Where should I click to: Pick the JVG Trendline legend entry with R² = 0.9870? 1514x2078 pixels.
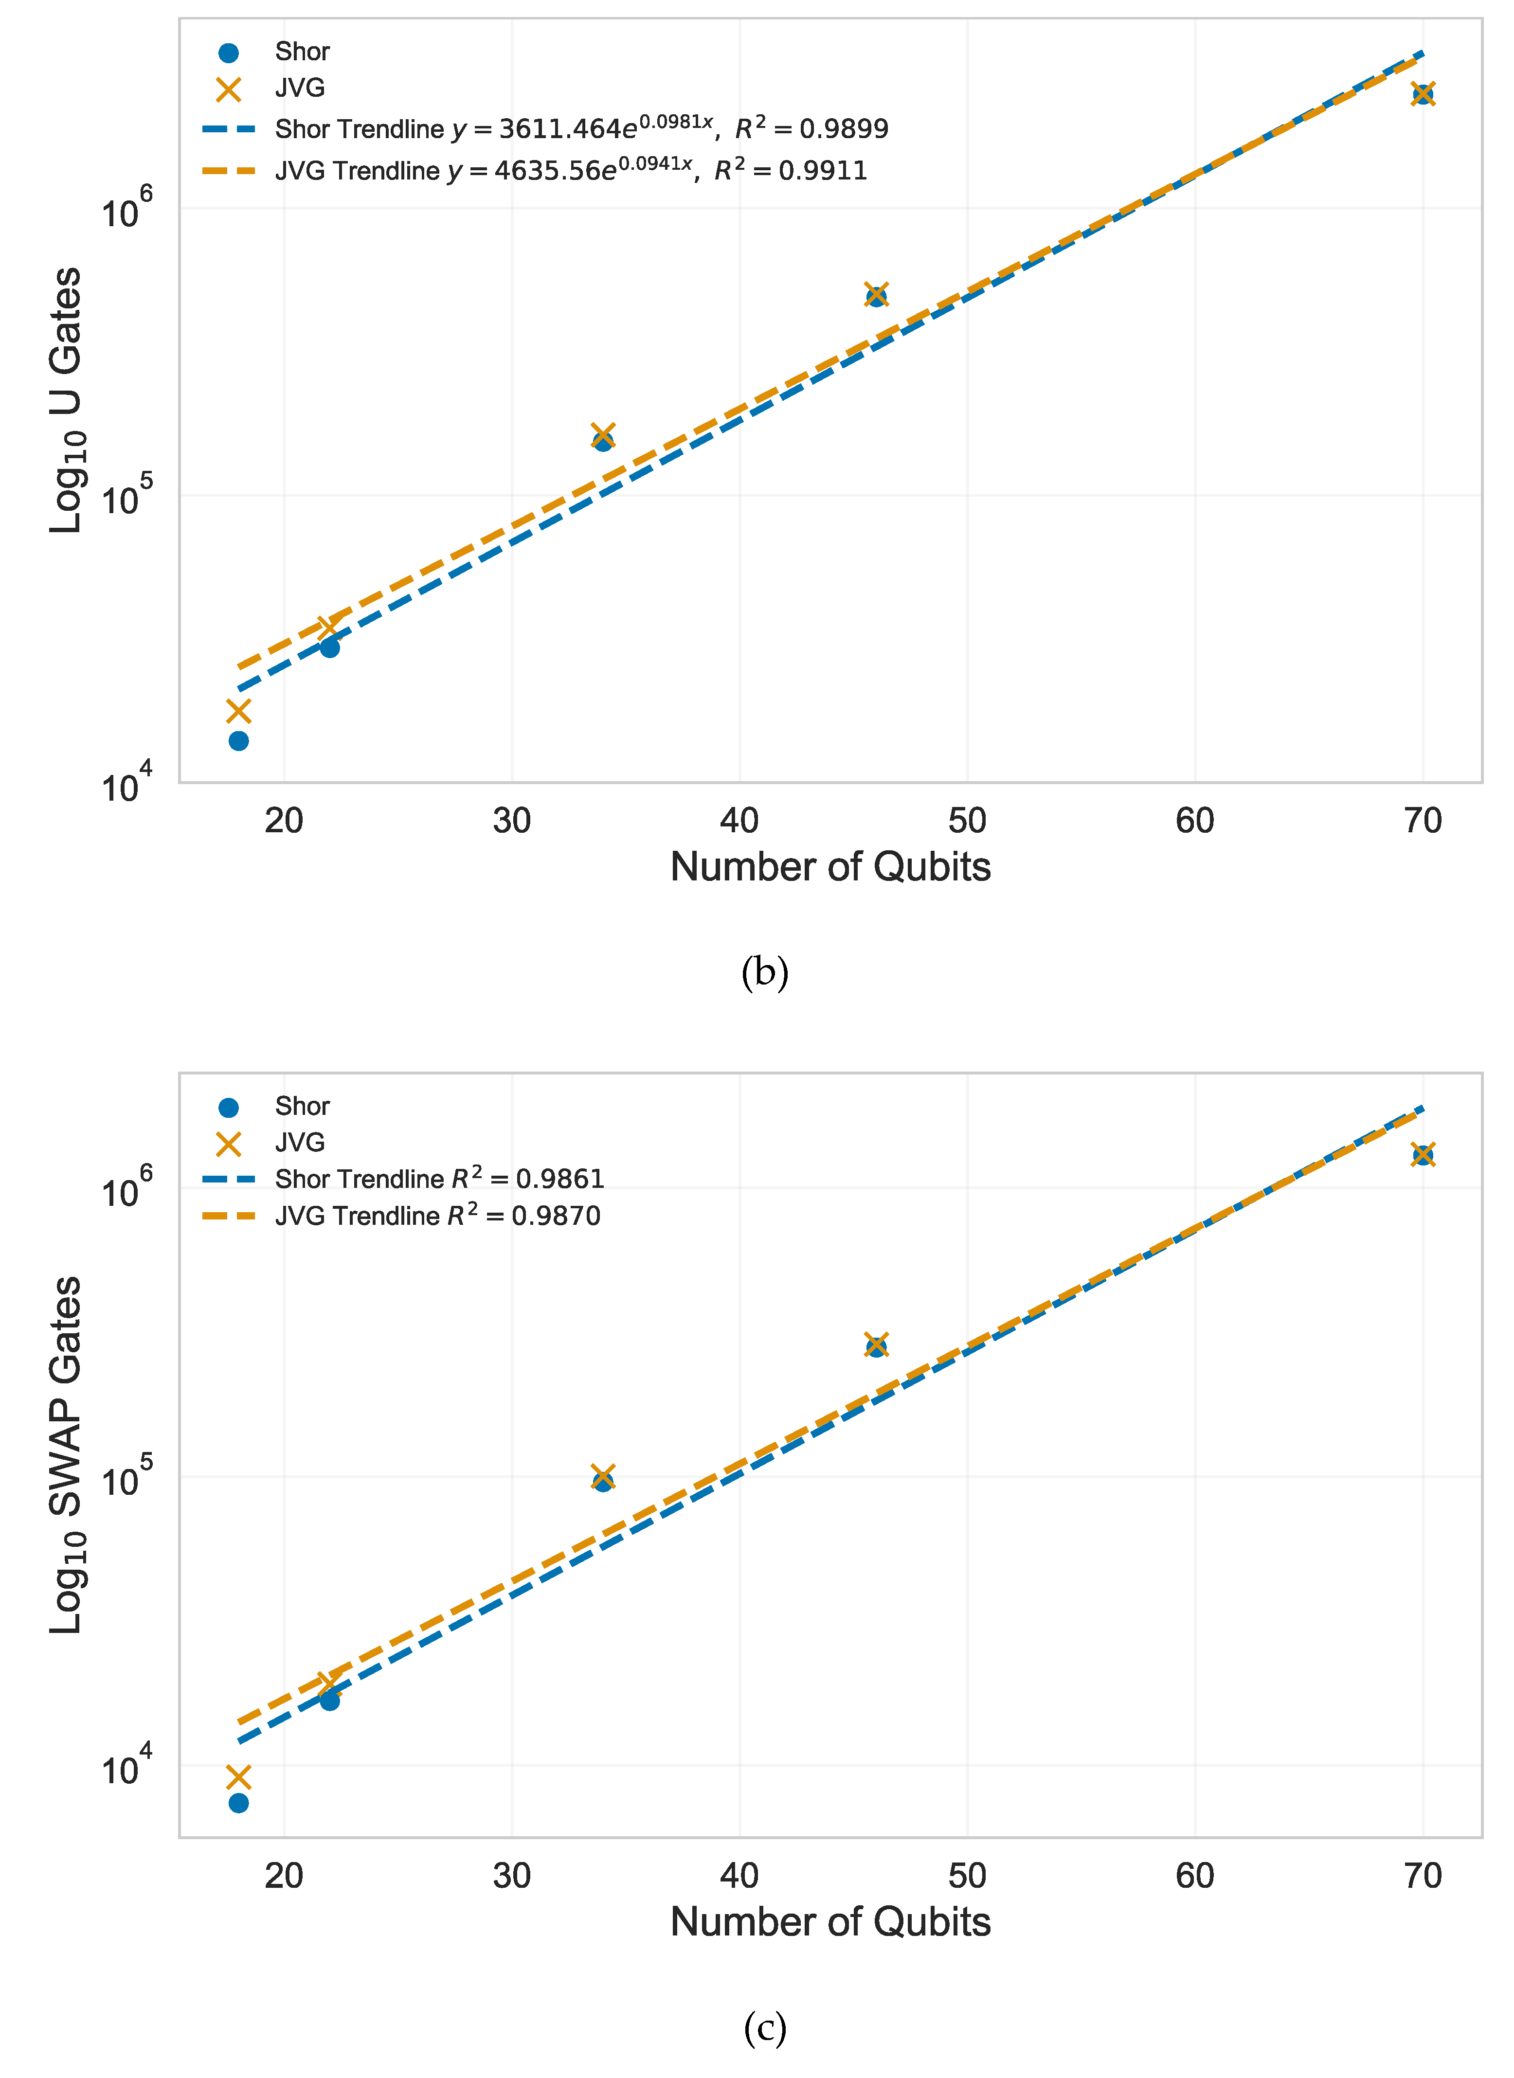pyautogui.click(x=437, y=1216)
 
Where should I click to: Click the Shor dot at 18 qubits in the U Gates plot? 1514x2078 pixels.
pyautogui.click(x=238, y=740)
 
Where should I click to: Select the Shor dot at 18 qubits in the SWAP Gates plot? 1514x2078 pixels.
pyautogui.click(x=238, y=1803)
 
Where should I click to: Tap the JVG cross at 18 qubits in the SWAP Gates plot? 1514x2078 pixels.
pyautogui.click(x=238, y=1777)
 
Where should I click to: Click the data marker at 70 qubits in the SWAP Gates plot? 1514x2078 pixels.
pyautogui.click(x=1423, y=1154)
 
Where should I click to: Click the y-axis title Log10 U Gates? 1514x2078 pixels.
pyautogui.click(x=66, y=400)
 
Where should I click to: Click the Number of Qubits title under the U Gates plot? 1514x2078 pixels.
pyautogui.click(x=830, y=867)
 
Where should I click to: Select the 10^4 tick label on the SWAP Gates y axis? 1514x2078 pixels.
pyautogui.click(x=126, y=1767)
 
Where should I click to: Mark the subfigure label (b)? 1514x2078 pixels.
pyautogui.click(x=764, y=972)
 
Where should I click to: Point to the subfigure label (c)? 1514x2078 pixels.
pyautogui.click(x=764, y=2027)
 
